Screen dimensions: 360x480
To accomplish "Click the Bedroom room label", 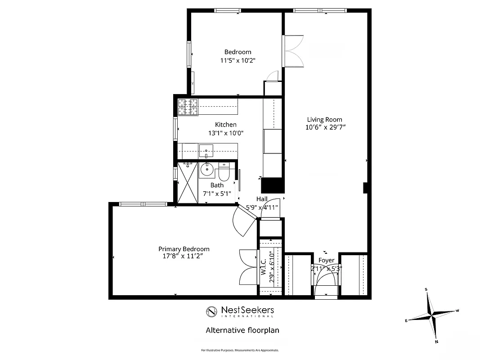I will (238, 52).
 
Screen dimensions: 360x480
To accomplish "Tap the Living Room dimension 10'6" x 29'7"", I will (325, 127).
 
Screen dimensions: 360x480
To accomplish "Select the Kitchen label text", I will (225, 125).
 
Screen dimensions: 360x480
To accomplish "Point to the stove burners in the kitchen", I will (188, 107).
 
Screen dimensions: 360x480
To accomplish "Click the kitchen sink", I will (206, 149).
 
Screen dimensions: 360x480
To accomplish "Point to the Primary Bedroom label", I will (184, 249).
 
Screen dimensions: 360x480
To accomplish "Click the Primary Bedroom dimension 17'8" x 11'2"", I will (184, 256).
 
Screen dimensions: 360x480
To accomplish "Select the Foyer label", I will (326, 260).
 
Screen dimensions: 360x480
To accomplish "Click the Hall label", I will (262, 199).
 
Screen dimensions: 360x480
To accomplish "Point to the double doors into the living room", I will (293, 50).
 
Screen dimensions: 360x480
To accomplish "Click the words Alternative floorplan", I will (242, 330).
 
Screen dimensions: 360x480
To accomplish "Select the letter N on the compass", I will (436, 342).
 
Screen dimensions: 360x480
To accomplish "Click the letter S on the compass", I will (426, 289).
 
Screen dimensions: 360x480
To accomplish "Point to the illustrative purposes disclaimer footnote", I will (240, 350).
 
